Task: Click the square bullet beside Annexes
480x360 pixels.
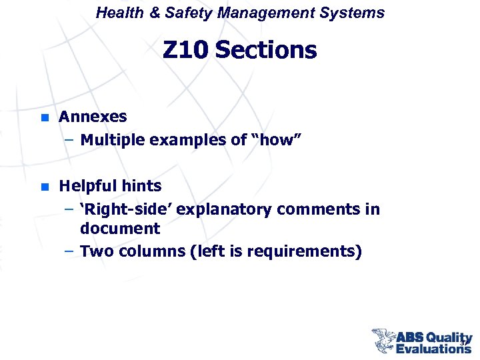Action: click(x=44, y=117)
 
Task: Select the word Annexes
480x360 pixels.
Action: click(x=93, y=117)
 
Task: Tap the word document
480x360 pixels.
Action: click(x=120, y=229)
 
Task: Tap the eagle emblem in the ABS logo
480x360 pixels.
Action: click(x=385, y=340)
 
